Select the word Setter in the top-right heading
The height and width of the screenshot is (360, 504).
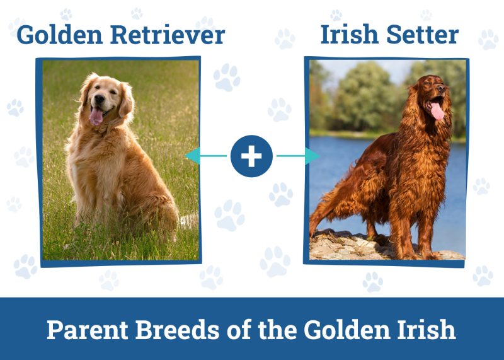click(426, 35)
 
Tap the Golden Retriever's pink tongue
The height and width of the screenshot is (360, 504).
click(96, 117)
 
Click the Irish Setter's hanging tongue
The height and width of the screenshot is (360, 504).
click(437, 111)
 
